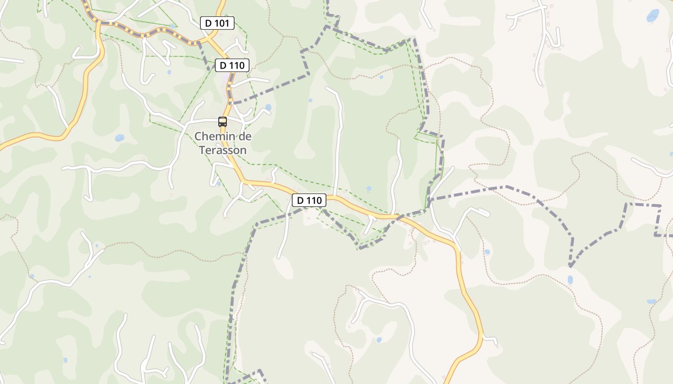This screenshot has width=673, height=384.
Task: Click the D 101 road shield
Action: pyautogui.click(x=217, y=23)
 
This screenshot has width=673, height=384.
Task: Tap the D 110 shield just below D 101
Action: pyautogui.click(x=232, y=65)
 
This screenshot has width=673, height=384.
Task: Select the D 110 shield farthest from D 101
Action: pyautogui.click(x=309, y=200)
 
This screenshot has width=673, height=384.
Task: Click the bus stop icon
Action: pyautogui.click(x=222, y=122)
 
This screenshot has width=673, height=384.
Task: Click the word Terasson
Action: pyautogui.click(x=223, y=150)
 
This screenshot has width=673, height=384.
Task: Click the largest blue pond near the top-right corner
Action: pyautogui.click(x=653, y=16)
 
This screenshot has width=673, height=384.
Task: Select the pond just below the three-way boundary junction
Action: pyautogui.click(x=570, y=279)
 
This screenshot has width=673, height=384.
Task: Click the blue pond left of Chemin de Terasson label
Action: pyautogui.click(x=119, y=138)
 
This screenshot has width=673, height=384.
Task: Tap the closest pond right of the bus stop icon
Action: pyautogui.click(x=268, y=107)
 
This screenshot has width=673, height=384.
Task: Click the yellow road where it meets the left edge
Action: pyautogui.click(x=1, y=145)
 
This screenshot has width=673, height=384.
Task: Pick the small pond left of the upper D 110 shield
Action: pyautogui.click(x=169, y=72)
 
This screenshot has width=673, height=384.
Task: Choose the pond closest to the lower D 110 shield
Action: pyautogui.click(x=369, y=189)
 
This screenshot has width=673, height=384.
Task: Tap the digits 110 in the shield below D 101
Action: pyautogui.click(x=237, y=65)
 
